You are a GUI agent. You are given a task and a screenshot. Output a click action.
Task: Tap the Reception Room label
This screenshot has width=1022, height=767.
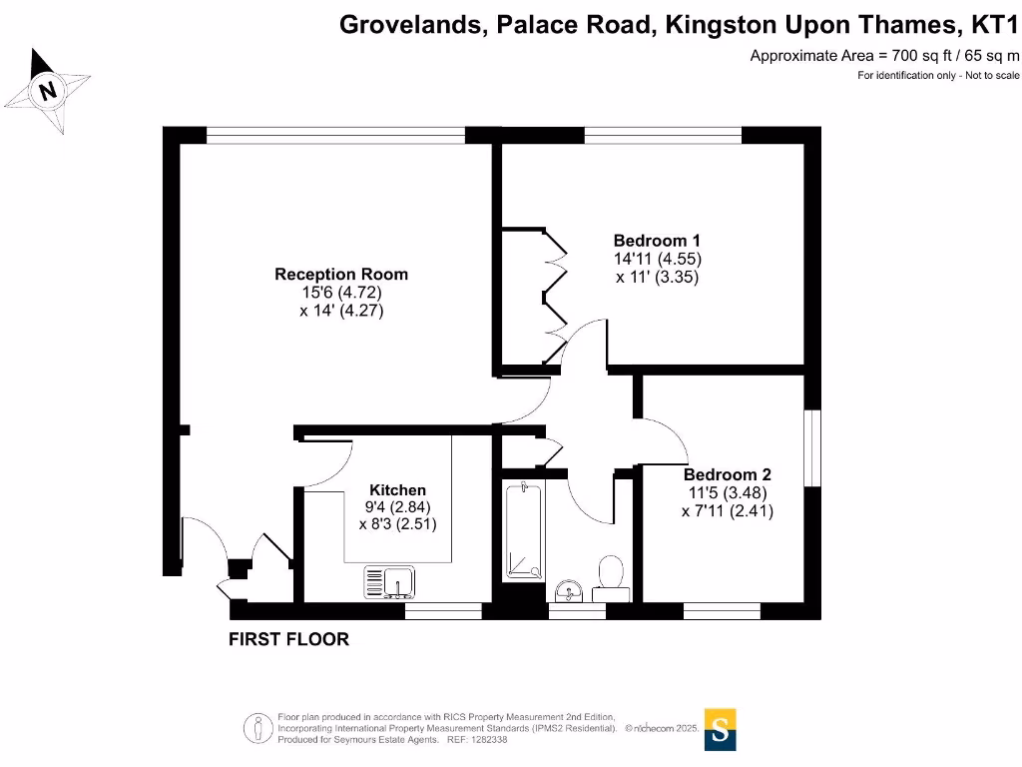pyautogui.click(x=341, y=275)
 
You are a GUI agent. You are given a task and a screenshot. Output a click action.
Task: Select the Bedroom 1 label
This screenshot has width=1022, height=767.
pyautogui.click(x=657, y=241)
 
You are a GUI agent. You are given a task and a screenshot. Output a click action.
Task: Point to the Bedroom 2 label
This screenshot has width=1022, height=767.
pyautogui.click(x=727, y=475)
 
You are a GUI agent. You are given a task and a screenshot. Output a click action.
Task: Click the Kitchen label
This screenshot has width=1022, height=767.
pyautogui.click(x=397, y=490)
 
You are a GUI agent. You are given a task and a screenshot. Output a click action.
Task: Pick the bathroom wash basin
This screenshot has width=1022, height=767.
pyautogui.click(x=570, y=590)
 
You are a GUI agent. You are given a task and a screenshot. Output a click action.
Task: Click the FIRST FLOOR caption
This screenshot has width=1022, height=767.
pyautogui.click(x=289, y=639)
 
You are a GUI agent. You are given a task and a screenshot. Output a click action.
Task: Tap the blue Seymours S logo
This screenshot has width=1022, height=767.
pyautogui.click(x=720, y=729)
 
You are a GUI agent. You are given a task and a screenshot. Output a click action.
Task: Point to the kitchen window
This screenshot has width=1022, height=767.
pyautogui.click(x=443, y=609)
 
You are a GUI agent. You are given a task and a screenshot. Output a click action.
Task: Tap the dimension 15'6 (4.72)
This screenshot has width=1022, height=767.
pyautogui.click(x=341, y=293)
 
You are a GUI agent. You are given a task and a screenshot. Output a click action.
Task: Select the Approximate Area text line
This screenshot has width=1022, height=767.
pyautogui.click(x=884, y=56)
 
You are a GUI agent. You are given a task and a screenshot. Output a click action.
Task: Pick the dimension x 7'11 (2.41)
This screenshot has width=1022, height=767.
pyautogui.click(x=727, y=510)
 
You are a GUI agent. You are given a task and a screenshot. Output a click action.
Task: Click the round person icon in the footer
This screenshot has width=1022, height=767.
pyautogui.click(x=258, y=728)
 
